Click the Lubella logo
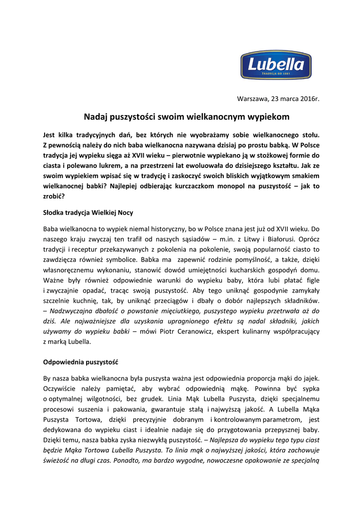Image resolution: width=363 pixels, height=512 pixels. click(x=275, y=65)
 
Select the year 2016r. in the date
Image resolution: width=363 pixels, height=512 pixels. click(x=308, y=98)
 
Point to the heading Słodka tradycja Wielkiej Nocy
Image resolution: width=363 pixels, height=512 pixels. click(x=88, y=212)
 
